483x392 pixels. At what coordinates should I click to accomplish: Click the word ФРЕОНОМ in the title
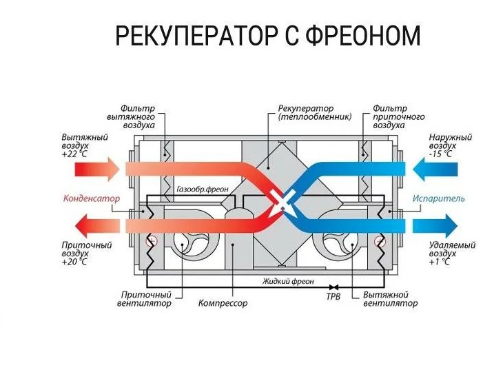pos(363,35)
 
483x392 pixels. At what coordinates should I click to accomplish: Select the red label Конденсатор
pos(91,198)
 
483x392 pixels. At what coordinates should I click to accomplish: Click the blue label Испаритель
pos(439,198)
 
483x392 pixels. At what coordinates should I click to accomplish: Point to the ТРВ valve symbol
pos(333,287)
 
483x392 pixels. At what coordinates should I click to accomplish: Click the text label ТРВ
pos(333,297)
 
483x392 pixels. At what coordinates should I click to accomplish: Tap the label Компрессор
pos(223,303)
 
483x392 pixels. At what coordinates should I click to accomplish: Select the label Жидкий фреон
pos(288,281)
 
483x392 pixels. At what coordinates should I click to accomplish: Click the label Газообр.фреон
pos(203,189)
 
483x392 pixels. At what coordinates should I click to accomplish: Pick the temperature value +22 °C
pos(74,154)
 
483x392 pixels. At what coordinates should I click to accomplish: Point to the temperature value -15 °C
pos(440,154)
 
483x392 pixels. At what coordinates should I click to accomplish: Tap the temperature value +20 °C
pos(74,262)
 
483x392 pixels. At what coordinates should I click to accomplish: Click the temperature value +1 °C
pos(440,262)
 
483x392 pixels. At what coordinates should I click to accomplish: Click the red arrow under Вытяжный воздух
pos(97,169)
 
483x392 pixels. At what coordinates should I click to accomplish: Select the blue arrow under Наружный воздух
pos(435,169)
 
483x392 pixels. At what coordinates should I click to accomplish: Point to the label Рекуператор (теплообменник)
pos(315,113)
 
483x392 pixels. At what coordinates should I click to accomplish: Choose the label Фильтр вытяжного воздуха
pos(131,117)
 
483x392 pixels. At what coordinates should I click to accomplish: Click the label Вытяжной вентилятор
pos(390,299)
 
